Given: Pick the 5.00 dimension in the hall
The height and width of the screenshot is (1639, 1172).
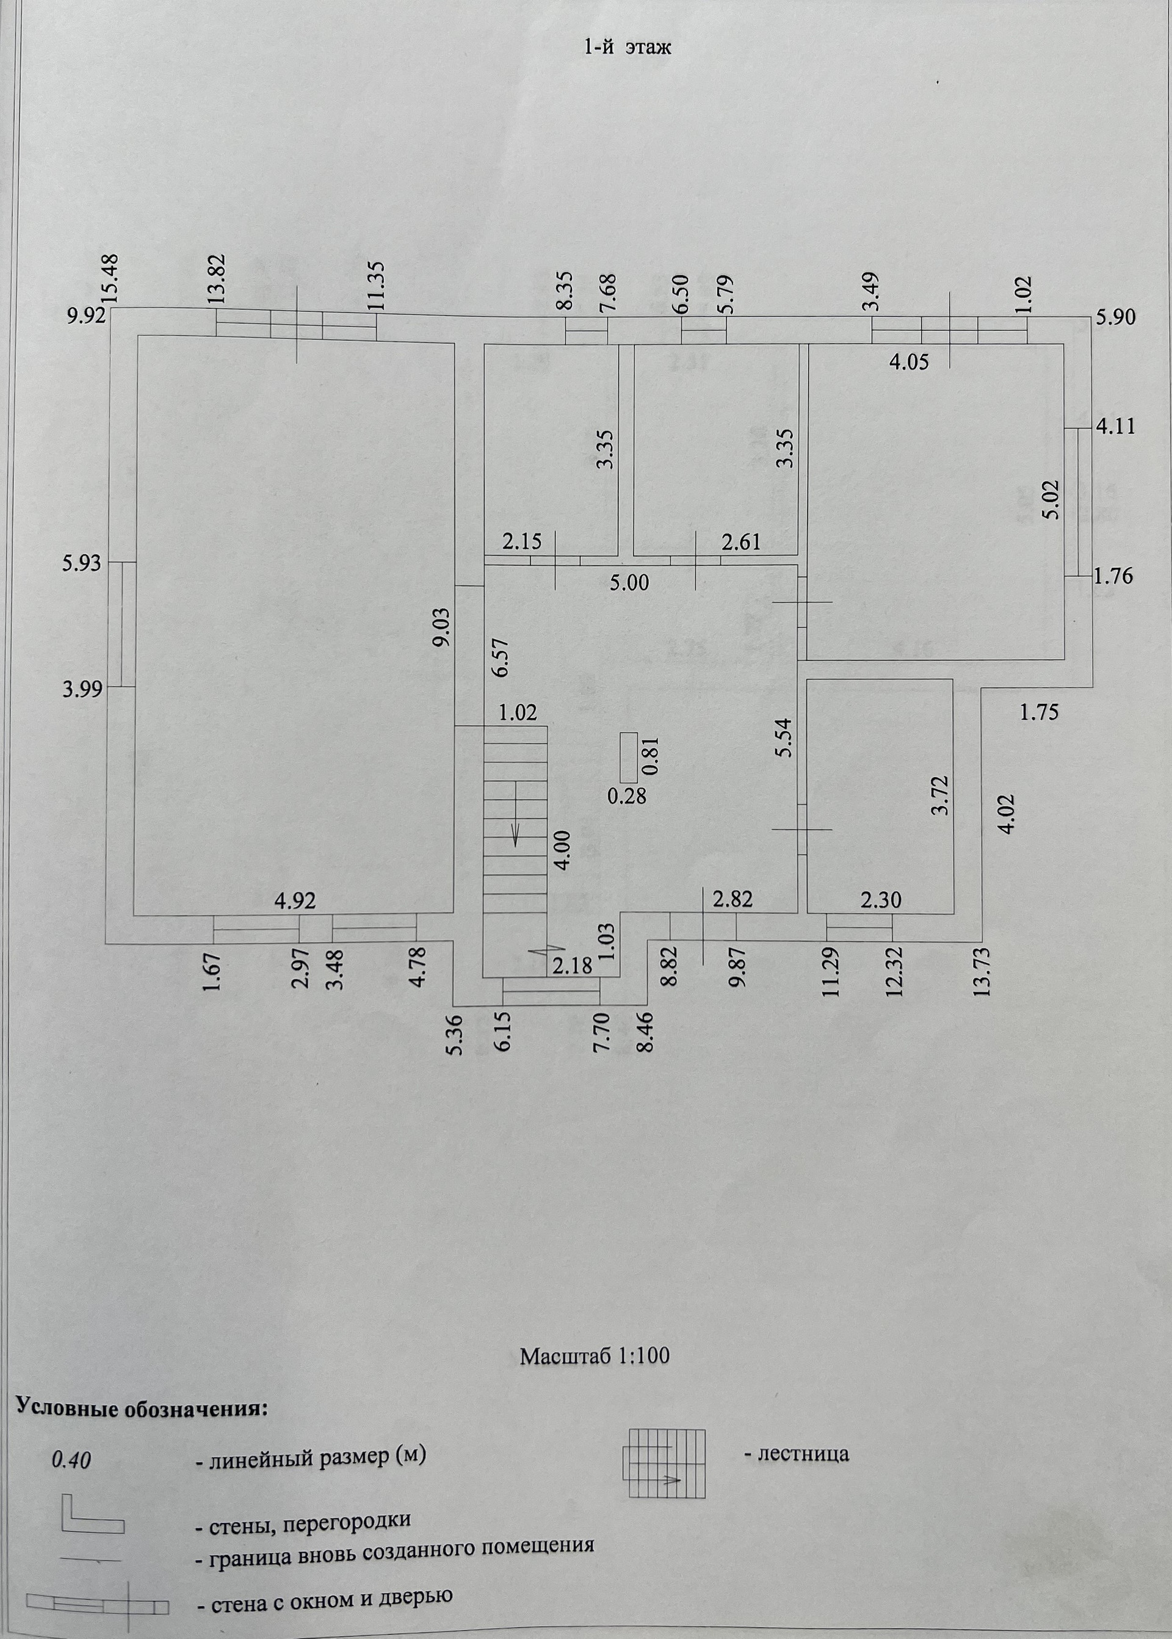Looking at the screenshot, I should pyautogui.click(x=629, y=582).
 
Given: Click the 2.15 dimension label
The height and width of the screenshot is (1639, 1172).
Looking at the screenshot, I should pyautogui.click(x=522, y=541).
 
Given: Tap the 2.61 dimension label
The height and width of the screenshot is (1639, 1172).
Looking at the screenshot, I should pyautogui.click(x=741, y=541).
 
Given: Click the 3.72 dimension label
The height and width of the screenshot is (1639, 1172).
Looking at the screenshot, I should pyautogui.click(x=939, y=795).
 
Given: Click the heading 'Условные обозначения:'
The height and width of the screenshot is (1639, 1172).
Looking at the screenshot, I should pyautogui.click(x=142, y=1408).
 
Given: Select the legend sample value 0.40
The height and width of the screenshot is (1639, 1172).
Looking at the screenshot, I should pyautogui.click(x=71, y=1460).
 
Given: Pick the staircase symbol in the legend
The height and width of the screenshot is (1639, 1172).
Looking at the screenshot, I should pyautogui.click(x=664, y=1464).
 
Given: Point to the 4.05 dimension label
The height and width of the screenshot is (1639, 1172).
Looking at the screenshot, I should pyautogui.click(x=908, y=361).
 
